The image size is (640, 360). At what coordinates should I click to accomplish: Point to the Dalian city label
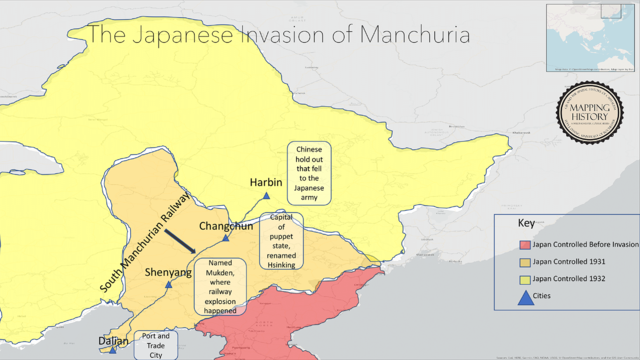point(113,340)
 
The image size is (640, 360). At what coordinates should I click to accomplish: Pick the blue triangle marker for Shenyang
point(169,285)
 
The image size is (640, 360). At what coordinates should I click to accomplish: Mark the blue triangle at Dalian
point(113,351)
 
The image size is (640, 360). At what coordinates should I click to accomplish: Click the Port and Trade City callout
point(155,343)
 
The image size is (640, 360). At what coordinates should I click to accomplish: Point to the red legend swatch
point(524,244)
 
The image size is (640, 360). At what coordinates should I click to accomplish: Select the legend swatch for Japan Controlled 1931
point(524,261)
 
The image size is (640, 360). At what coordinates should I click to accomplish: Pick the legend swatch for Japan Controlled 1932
point(524,278)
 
